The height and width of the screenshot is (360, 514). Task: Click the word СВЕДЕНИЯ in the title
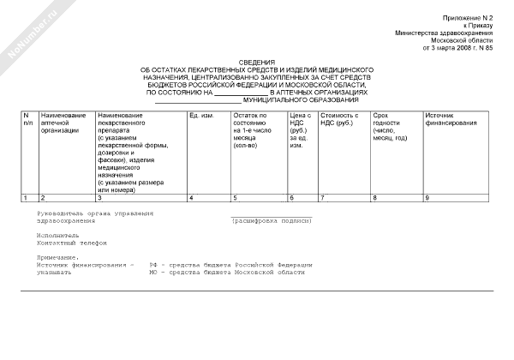point(257,63)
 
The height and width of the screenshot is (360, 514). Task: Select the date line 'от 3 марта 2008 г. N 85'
point(458,49)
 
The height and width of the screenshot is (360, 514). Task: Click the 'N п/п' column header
point(27,120)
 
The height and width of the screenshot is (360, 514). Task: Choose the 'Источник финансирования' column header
point(451,120)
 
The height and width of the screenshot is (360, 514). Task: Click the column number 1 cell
point(27,198)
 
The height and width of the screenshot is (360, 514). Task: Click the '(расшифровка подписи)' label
point(272,220)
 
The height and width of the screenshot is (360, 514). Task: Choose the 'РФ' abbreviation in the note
point(153,265)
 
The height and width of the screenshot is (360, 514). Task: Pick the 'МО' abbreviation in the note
point(153,273)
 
